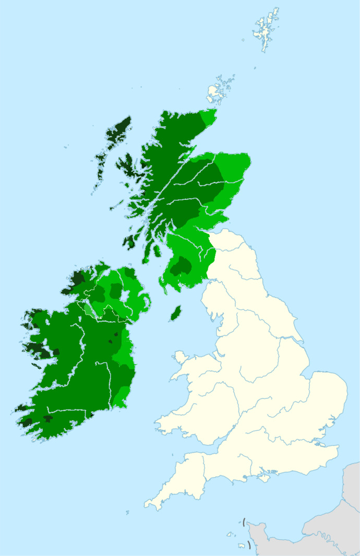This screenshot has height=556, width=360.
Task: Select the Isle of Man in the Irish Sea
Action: (176, 313)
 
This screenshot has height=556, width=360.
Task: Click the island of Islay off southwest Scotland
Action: (128, 241)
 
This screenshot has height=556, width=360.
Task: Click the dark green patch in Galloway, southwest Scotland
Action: (181, 266)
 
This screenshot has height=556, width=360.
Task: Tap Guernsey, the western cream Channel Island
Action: (229, 534)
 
